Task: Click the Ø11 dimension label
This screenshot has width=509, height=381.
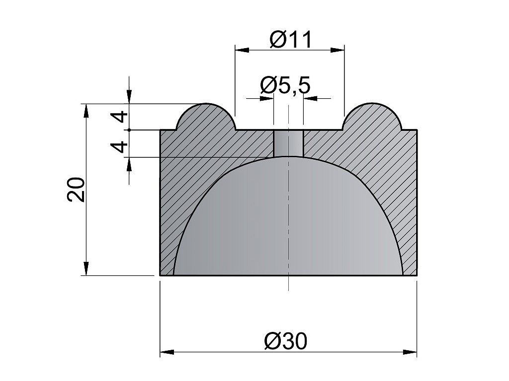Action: click(x=290, y=40)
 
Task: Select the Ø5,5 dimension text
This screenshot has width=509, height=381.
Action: click(x=285, y=85)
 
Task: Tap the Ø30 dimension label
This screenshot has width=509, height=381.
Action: click(x=286, y=341)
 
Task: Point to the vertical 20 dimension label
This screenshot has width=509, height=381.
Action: click(x=76, y=190)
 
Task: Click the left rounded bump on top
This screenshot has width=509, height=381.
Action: click(x=206, y=117)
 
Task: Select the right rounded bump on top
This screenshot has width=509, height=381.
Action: click(x=372, y=117)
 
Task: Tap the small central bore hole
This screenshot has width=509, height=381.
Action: click(x=289, y=143)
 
